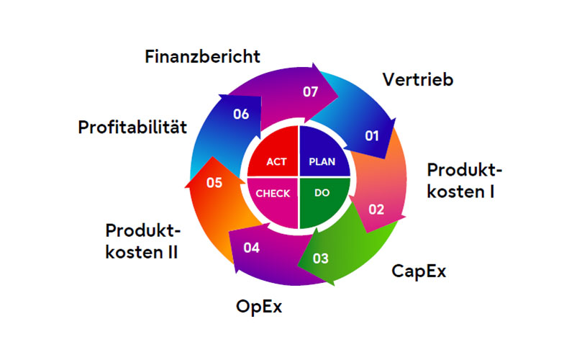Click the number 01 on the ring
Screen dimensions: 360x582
371,135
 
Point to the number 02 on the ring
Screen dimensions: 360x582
376,210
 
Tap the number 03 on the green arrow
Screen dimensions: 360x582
321,258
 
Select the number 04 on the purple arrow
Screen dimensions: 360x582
251,248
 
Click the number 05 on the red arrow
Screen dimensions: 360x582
214,183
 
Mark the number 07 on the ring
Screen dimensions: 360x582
310,91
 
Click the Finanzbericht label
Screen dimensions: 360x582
202,55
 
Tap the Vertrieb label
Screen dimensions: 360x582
418,79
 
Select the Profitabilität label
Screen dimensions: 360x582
132,128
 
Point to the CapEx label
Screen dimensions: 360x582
419,271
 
